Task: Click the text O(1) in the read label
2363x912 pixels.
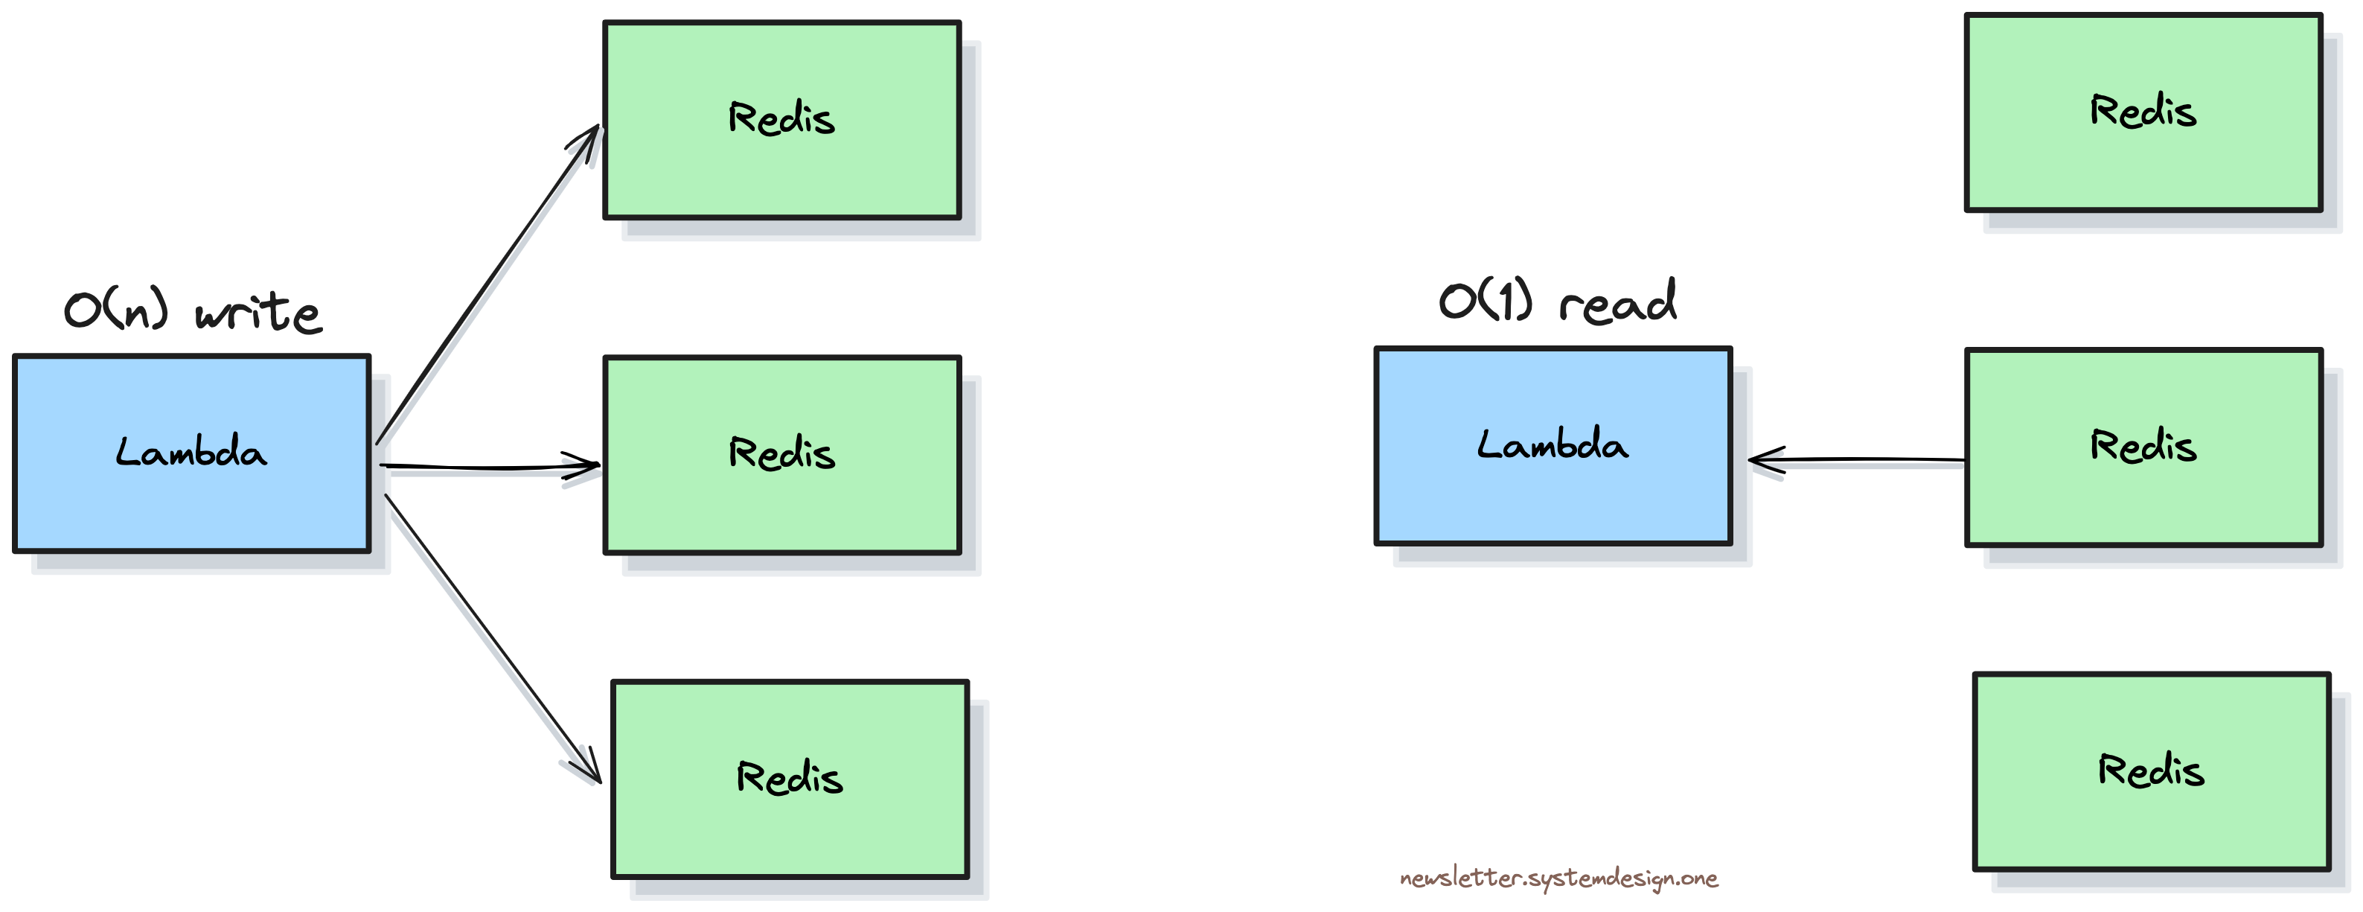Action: click(x=1485, y=301)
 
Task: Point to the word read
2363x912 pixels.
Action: click(x=1617, y=301)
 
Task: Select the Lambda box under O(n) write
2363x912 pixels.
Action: click(x=192, y=453)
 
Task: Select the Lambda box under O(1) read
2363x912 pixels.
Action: click(x=1553, y=446)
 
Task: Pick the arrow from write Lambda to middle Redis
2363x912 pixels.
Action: click(x=486, y=467)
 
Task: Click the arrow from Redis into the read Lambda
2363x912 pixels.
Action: click(x=1862, y=459)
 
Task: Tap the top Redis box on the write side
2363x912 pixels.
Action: click(x=781, y=120)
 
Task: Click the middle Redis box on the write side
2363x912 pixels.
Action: click(x=781, y=455)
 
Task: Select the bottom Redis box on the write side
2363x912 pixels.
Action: click(x=790, y=779)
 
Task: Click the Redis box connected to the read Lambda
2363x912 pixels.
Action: click(x=2143, y=447)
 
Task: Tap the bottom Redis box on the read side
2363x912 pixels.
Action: click(x=2151, y=771)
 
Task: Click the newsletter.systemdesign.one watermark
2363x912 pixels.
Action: click(x=1558, y=878)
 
